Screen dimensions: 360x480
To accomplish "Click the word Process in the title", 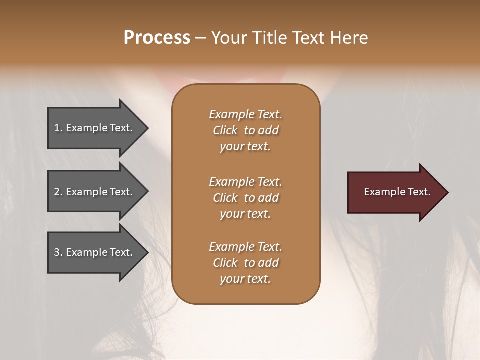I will coord(157,38).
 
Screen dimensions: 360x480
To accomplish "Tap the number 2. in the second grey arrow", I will coord(58,192).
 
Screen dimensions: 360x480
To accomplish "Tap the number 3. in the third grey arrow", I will coord(58,252).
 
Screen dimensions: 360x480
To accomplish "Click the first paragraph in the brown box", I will coord(245,130).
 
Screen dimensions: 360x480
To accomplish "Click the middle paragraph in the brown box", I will coord(245,198).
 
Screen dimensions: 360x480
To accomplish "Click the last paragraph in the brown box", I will coord(245,263).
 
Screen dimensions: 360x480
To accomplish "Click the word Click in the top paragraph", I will coord(225,130).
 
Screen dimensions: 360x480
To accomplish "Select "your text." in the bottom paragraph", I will coord(245,279).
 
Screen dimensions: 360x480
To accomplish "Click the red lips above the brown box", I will coord(245,77).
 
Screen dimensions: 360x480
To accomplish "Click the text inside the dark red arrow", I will coord(397,192).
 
